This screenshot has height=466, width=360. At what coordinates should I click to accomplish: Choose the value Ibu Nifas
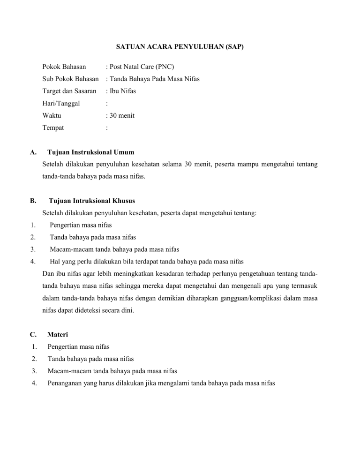(x=123, y=91)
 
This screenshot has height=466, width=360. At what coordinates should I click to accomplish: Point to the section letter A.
(x=32, y=152)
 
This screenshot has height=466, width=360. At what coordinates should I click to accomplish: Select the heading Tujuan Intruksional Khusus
(x=92, y=201)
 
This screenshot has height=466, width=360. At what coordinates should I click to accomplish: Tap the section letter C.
(x=32, y=335)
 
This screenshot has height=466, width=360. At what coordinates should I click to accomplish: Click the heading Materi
(x=58, y=335)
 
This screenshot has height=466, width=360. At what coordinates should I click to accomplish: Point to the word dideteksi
(x=94, y=309)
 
